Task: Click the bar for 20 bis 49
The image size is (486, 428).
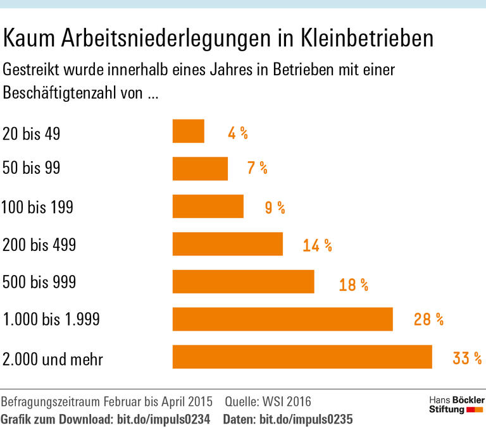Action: (x=188, y=131)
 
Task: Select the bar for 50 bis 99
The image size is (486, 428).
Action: (x=200, y=169)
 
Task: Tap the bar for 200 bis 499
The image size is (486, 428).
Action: (x=227, y=244)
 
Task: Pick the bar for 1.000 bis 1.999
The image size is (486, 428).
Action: (x=282, y=319)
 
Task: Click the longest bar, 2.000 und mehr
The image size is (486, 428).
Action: (x=302, y=357)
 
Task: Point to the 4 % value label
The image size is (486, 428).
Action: (x=237, y=133)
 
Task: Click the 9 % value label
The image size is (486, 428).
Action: (x=275, y=207)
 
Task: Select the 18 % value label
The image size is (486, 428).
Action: (x=353, y=284)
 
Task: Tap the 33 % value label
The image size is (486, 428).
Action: (x=467, y=358)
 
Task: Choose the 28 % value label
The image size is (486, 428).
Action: (x=428, y=320)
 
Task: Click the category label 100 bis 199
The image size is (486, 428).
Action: (x=38, y=207)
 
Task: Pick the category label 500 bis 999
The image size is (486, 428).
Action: (x=39, y=282)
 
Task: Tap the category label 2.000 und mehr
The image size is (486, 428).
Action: (x=53, y=359)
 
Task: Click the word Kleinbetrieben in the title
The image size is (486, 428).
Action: (x=366, y=39)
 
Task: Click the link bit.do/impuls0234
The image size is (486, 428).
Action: (x=161, y=419)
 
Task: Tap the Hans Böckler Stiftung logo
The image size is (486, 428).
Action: (x=456, y=405)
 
